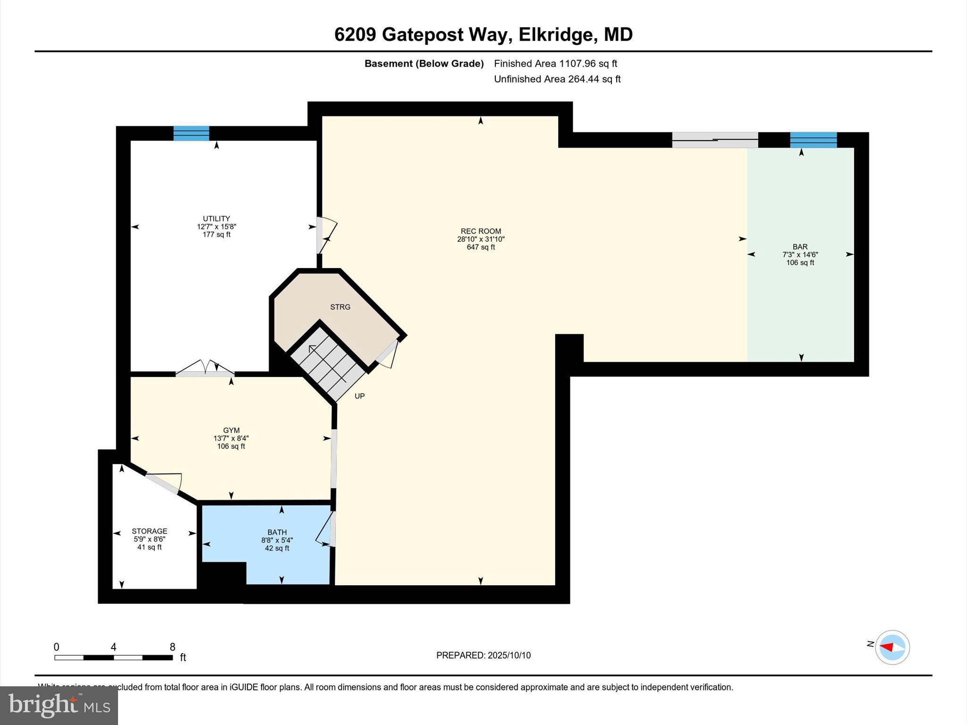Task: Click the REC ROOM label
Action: click(x=481, y=231)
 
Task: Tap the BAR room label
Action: click(x=800, y=247)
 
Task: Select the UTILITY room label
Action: click(x=216, y=219)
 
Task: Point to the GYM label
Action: click(x=231, y=430)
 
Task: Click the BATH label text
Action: click(x=277, y=532)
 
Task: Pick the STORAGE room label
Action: click(x=149, y=531)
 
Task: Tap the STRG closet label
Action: click(x=340, y=307)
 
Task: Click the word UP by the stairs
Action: click(x=359, y=396)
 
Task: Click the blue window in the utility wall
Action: click(x=191, y=134)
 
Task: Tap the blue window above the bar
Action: click(x=813, y=140)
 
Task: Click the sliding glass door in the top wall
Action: click(x=714, y=140)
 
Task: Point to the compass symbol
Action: click(x=892, y=647)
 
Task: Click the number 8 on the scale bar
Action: click(x=172, y=647)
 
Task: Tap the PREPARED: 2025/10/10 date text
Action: click(x=483, y=655)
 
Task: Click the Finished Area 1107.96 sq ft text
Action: click(x=555, y=64)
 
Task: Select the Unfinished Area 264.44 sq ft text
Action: click(x=557, y=79)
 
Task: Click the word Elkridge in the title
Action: click(x=556, y=35)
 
